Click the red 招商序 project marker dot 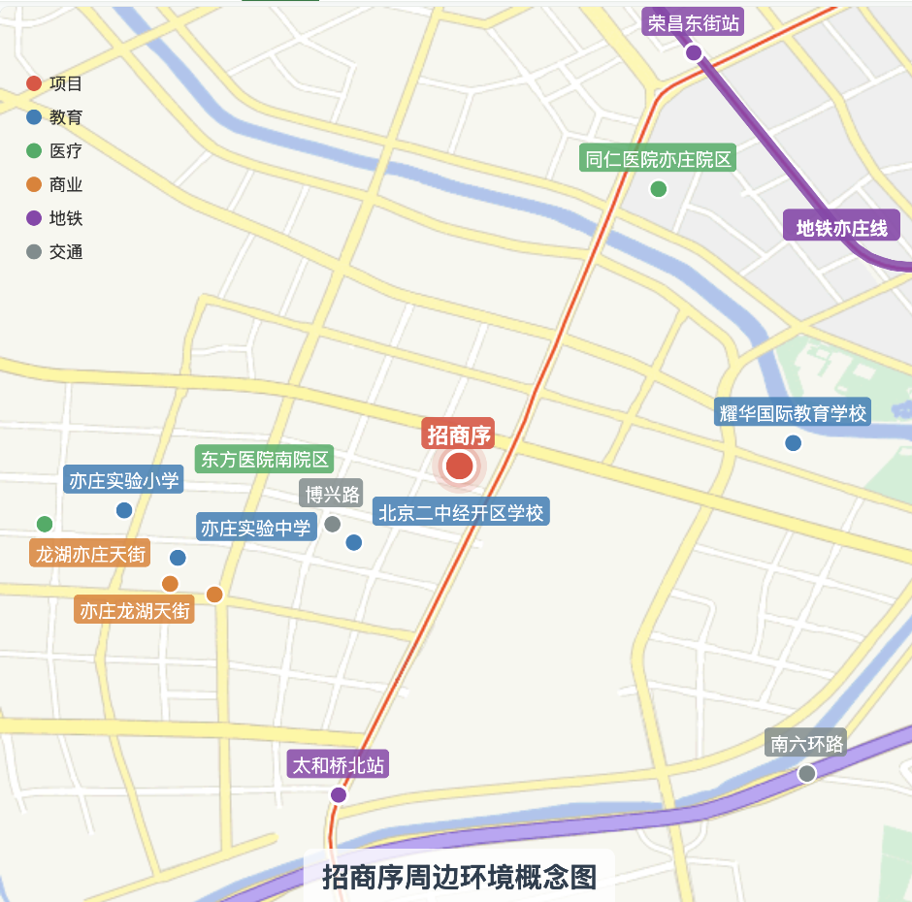click(459, 467)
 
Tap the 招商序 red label click(459, 434)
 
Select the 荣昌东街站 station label click(693, 23)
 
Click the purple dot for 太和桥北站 click(339, 795)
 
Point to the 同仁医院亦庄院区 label click(659, 159)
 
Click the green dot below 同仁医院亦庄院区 click(659, 189)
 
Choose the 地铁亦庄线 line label click(841, 228)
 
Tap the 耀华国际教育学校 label click(793, 413)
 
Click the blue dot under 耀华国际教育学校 click(794, 443)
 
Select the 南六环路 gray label click(806, 744)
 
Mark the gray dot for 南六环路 click(806, 773)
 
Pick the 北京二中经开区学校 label click(461, 512)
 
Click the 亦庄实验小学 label click(124, 480)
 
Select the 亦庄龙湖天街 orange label click(135, 610)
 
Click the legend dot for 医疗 click(34, 151)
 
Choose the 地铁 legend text click(66, 218)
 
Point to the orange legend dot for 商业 click(34, 184)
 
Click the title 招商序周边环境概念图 click(459, 877)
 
